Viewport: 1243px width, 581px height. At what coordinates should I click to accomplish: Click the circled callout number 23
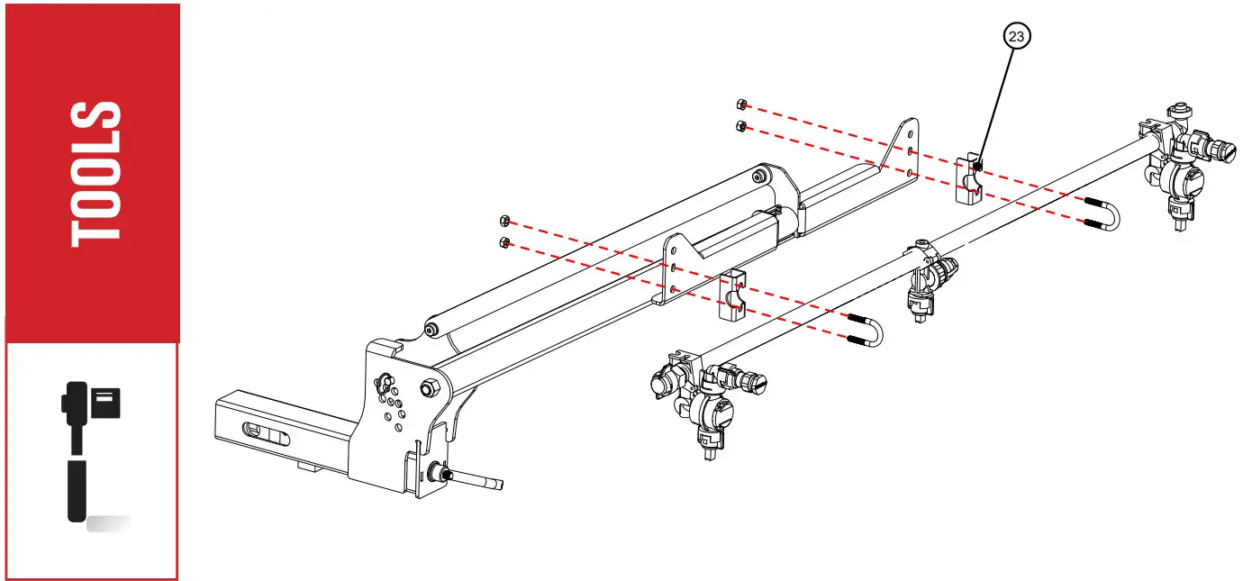point(1016,37)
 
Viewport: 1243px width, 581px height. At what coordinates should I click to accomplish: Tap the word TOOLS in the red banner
point(95,174)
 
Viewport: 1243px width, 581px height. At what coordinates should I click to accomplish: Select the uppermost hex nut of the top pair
point(740,104)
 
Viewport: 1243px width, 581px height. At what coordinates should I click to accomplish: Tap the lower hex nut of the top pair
point(740,125)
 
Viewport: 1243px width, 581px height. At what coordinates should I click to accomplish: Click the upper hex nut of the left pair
point(505,221)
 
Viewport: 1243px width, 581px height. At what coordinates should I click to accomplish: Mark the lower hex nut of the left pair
point(505,241)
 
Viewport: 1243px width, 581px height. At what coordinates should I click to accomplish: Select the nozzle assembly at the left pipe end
point(707,401)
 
